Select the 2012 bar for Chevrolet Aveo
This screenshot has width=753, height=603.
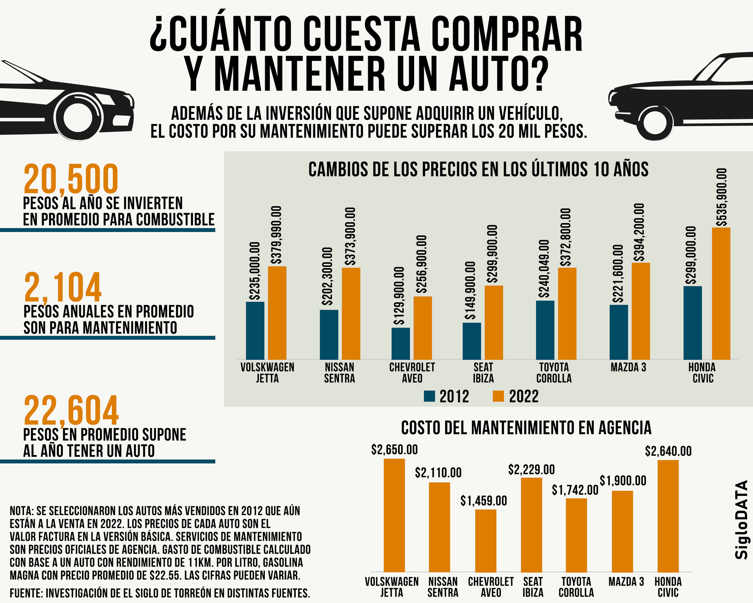click(x=400, y=344)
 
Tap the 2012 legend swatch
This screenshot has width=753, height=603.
click(x=429, y=396)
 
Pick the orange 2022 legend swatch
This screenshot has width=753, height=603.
click(x=498, y=396)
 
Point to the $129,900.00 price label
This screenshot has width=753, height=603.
click(x=399, y=296)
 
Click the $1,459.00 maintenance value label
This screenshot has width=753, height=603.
click(x=484, y=501)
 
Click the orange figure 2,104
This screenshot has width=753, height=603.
click(x=63, y=287)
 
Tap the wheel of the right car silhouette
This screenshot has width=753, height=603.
click(x=655, y=122)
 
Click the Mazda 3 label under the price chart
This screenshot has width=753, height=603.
click(x=628, y=367)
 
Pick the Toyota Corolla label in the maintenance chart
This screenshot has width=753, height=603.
click(x=576, y=587)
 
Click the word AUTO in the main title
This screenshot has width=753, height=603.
click(x=498, y=75)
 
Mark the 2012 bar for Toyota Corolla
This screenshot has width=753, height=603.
click(x=545, y=330)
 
